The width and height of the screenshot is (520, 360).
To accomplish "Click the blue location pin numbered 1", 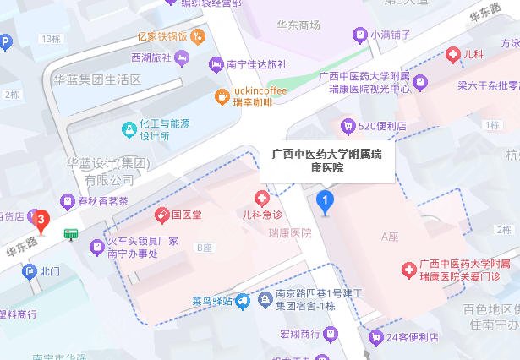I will click(x=324, y=201).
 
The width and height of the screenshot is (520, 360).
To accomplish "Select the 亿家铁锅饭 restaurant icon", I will click(x=197, y=36).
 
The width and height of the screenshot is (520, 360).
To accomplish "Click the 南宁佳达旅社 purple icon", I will click(x=216, y=64).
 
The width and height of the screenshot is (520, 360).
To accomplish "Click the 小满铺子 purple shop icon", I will click(x=358, y=35).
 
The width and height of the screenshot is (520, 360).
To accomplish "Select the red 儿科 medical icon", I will click(x=452, y=55).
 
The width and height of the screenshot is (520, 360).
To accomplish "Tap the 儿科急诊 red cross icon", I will click(x=263, y=199).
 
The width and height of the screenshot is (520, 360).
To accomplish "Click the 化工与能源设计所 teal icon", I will click(x=129, y=129).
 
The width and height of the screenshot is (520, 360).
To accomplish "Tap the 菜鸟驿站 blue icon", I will click(x=243, y=300).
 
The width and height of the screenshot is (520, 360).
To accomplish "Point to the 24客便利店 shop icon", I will click(x=375, y=336).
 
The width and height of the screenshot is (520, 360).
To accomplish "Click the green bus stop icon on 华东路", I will click(x=74, y=233).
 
